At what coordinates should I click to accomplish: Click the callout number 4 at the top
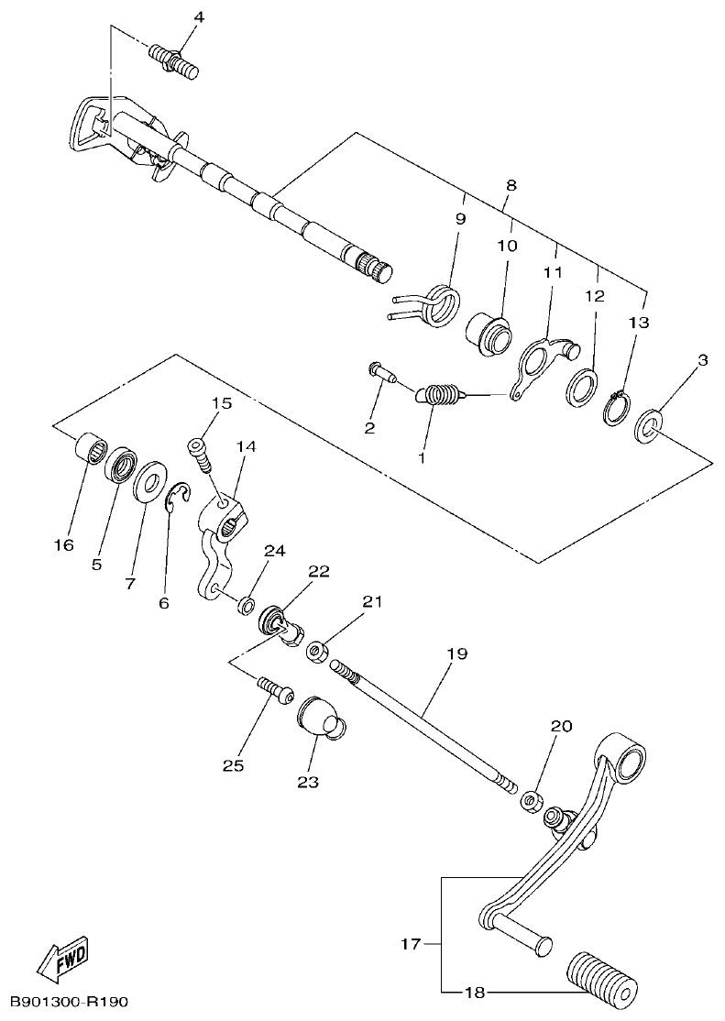pos(200,17)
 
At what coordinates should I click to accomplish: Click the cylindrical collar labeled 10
pos(490,332)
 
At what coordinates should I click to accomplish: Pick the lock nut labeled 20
pos(530,801)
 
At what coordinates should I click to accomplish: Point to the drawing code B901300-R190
pos(70,1004)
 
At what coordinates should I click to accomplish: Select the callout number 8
pos(511,184)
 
